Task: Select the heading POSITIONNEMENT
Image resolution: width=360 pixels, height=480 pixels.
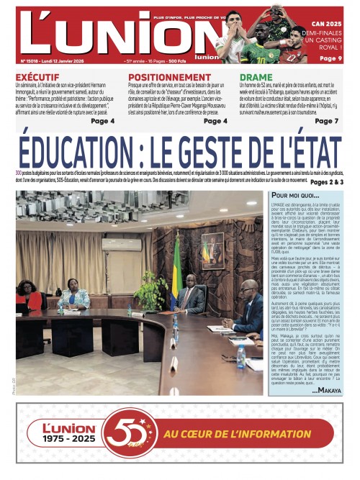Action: click(168, 76)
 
